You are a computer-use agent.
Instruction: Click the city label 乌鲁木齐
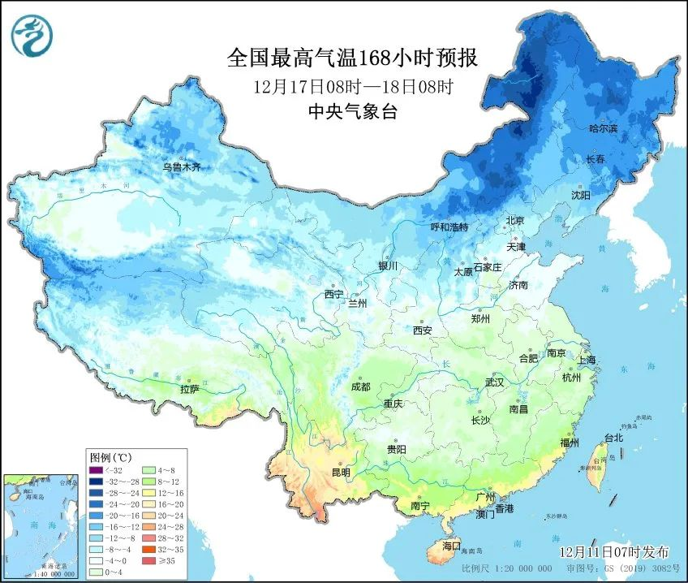point(181,167)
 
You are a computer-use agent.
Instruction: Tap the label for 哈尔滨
point(603,129)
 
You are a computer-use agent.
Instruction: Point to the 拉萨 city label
point(190,390)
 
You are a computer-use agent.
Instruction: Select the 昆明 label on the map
point(341,473)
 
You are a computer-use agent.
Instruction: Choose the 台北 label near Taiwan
point(613,438)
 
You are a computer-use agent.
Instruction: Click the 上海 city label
point(586,360)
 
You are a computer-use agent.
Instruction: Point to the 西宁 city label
point(333,294)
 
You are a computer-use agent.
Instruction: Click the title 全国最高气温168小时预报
point(351,58)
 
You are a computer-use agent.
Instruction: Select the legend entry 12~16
point(166,492)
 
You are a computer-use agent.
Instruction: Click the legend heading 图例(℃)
point(109,457)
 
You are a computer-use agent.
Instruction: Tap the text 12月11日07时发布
point(614,551)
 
